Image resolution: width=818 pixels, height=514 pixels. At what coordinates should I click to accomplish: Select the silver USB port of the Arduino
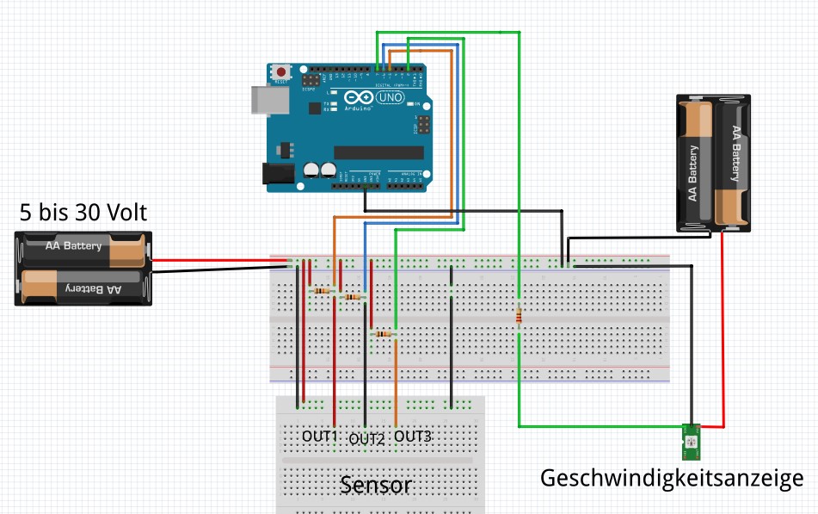pyautogui.click(x=262, y=100)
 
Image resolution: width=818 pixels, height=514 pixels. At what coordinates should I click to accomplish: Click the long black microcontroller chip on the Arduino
pyautogui.click(x=378, y=152)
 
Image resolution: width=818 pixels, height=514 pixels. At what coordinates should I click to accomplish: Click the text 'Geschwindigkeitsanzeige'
pyautogui.click(x=671, y=478)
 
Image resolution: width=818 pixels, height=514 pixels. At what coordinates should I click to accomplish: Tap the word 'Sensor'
pyautogui.click(x=376, y=485)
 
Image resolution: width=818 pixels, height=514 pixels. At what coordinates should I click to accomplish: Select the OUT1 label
pyautogui.click(x=319, y=437)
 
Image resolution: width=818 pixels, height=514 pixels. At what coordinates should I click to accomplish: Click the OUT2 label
pyautogui.click(x=366, y=439)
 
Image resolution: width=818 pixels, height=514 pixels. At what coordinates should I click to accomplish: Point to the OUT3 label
pyautogui.click(x=412, y=437)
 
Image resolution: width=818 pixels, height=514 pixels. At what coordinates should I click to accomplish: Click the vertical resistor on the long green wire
pyautogui.click(x=519, y=316)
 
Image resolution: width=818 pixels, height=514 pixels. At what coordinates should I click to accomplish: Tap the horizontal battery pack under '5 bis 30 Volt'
pyautogui.click(x=83, y=268)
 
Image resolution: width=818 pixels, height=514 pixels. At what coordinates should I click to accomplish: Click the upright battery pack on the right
pyautogui.click(x=712, y=164)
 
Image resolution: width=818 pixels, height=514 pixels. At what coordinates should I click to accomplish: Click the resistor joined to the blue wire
pyautogui.click(x=353, y=297)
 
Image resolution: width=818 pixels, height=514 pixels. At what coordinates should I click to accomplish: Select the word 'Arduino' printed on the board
pyautogui.click(x=358, y=108)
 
